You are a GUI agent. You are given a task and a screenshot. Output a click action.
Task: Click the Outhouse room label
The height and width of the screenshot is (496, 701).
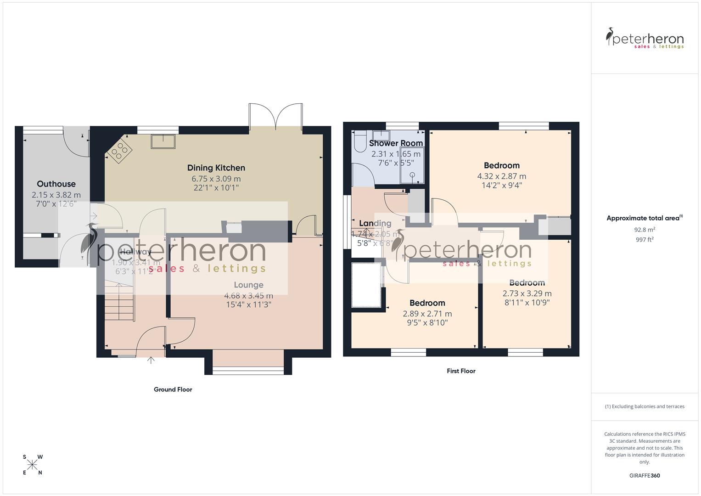(x=56, y=184)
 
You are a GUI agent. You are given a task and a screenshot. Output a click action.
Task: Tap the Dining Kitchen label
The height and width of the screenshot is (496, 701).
(x=216, y=168)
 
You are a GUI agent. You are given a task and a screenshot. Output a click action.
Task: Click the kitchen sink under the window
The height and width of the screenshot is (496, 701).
(x=163, y=141)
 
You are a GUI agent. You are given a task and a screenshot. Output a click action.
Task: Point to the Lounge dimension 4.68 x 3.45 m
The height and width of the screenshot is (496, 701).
(x=248, y=296)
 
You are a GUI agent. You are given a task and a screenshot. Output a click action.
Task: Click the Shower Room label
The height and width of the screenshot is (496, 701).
(x=396, y=143)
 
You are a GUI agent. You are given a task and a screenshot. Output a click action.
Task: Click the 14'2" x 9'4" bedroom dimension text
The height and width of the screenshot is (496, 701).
(x=501, y=186)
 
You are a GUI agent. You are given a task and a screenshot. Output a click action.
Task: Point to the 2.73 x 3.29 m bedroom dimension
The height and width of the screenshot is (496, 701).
(x=527, y=293)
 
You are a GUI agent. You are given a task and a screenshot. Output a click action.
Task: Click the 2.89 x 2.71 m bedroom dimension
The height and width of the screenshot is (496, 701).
(x=427, y=314)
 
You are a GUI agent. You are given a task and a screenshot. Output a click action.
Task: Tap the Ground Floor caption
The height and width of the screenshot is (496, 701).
(x=173, y=389)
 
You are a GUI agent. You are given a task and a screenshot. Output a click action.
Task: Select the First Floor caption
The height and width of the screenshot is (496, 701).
(x=461, y=371)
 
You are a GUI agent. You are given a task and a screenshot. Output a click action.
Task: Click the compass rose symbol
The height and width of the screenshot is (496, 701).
(x=32, y=465)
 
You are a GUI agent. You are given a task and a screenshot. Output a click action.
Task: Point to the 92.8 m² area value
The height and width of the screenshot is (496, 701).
(x=645, y=230)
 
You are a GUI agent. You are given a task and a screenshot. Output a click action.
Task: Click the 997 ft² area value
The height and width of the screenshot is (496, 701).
(x=645, y=240)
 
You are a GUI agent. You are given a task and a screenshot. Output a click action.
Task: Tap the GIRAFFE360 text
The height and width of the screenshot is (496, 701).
(x=645, y=476)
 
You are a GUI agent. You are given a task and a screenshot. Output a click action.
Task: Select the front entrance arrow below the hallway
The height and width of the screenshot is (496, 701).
(x=151, y=360)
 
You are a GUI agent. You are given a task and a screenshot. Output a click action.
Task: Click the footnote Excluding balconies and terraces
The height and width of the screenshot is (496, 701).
(x=645, y=406)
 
